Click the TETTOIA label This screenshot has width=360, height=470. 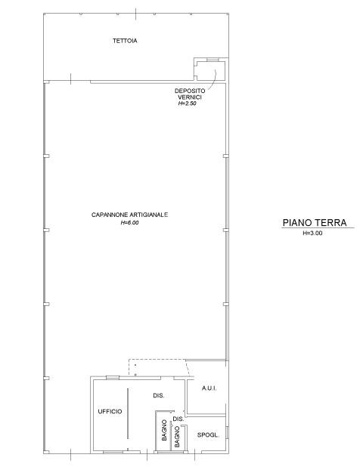click(x=125, y=41)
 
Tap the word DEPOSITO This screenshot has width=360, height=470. click(x=190, y=91)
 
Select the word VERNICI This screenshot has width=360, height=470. click(x=190, y=97)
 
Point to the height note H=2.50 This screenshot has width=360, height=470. click(x=188, y=104)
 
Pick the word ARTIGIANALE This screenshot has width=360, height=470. click(x=149, y=215)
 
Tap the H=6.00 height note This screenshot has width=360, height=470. click(x=129, y=223)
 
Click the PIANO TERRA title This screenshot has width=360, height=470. click(x=315, y=223)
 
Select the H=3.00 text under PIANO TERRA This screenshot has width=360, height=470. click(x=312, y=233)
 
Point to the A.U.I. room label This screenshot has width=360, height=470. click(x=209, y=388)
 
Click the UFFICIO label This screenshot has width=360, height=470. click(x=110, y=412)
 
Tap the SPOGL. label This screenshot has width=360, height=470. click(x=208, y=435)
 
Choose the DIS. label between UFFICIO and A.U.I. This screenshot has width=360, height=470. click(x=159, y=396)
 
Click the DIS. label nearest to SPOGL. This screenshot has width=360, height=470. click(x=178, y=419)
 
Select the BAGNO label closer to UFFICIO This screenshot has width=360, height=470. click(x=164, y=430)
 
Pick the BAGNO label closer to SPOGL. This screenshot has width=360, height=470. click(x=177, y=437)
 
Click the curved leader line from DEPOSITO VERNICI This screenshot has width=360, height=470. click(x=215, y=79)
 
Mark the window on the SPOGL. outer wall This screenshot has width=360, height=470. click(x=227, y=433)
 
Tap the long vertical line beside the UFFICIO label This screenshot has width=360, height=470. click(x=128, y=413)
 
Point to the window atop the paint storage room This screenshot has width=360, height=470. click(x=212, y=60)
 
